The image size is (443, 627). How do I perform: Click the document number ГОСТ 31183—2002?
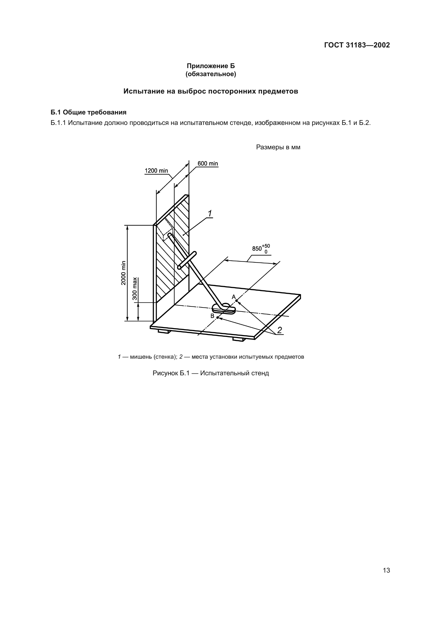point(357,45)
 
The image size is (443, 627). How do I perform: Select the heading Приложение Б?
point(211,66)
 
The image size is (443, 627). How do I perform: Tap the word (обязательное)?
point(211,74)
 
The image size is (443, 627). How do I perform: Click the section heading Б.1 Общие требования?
point(89,112)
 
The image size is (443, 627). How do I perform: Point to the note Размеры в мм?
point(278,147)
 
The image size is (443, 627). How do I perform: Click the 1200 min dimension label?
point(156,171)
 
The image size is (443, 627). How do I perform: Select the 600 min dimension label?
point(208,163)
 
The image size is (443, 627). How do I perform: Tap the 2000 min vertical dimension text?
point(123,273)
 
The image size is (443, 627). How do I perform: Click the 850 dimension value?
point(257,248)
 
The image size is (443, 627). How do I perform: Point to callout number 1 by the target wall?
point(210,213)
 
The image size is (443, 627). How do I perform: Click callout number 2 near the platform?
point(280,330)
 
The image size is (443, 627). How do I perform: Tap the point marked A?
point(236,301)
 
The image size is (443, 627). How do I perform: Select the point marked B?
point(217,317)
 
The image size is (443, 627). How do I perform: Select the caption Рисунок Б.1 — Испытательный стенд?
point(211,373)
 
